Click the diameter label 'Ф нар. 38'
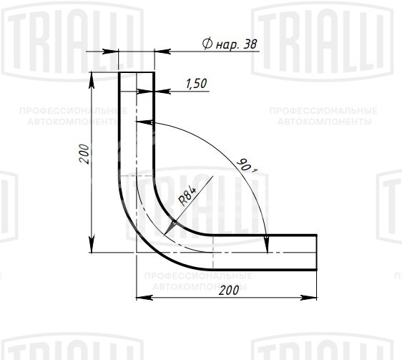(x=230, y=44)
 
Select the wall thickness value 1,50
(x=197, y=84)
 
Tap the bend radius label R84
(x=187, y=196)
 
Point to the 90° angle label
(x=247, y=166)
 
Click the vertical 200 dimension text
(x=84, y=154)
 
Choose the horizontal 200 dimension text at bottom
(x=229, y=290)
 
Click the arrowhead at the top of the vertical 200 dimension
(x=92, y=80)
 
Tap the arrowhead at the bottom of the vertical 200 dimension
(x=92, y=245)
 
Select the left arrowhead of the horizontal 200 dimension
(x=144, y=298)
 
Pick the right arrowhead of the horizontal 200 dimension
(x=309, y=298)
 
